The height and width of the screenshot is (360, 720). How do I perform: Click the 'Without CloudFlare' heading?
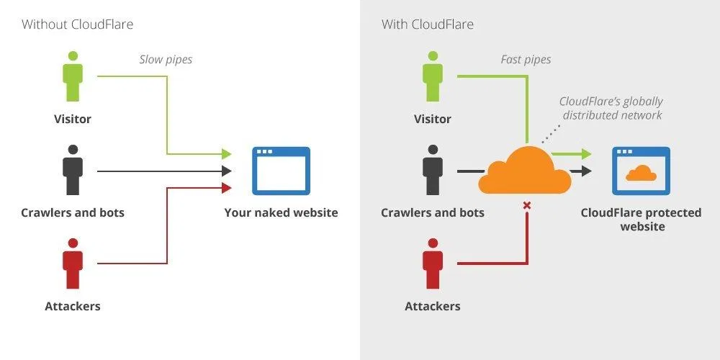(77, 24)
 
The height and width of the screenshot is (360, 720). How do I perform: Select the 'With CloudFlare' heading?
(428, 24)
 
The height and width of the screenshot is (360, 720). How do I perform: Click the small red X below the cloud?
(526, 206)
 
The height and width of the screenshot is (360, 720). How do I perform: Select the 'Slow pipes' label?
(166, 59)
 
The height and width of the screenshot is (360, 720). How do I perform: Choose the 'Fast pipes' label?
(526, 59)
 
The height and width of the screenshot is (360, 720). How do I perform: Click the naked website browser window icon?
(281, 171)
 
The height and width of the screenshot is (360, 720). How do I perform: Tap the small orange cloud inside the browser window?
(641, 174)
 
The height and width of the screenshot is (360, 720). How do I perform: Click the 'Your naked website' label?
(281, 212)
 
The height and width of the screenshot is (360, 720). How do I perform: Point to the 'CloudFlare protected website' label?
(642, 220)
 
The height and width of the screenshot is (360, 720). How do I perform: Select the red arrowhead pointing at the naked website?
(226, 188)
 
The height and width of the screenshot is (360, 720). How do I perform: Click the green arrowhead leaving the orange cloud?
(586, 153)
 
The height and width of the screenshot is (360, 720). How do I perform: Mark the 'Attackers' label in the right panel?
(433, 306)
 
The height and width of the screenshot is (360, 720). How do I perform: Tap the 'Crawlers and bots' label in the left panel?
(73, 212)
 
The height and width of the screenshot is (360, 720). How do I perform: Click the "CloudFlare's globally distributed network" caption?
(612, 109)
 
